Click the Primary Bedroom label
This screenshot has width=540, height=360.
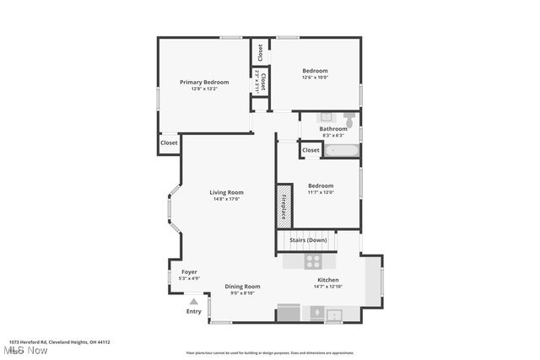204,82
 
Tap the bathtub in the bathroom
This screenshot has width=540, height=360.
342,151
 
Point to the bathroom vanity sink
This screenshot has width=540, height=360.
325,117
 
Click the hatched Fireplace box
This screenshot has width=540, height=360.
283,206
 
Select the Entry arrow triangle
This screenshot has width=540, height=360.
194,300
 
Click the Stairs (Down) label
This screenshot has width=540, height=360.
308,240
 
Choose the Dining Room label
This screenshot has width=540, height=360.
242,287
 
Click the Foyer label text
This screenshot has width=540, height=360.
189,271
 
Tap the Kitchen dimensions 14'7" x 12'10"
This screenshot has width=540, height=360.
327,287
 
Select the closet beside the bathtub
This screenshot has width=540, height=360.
310,150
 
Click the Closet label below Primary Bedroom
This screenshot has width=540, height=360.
169,142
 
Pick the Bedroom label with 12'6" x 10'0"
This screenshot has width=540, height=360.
316,70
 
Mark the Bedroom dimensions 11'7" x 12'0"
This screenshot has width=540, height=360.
321,192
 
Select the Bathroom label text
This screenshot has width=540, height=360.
332,129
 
